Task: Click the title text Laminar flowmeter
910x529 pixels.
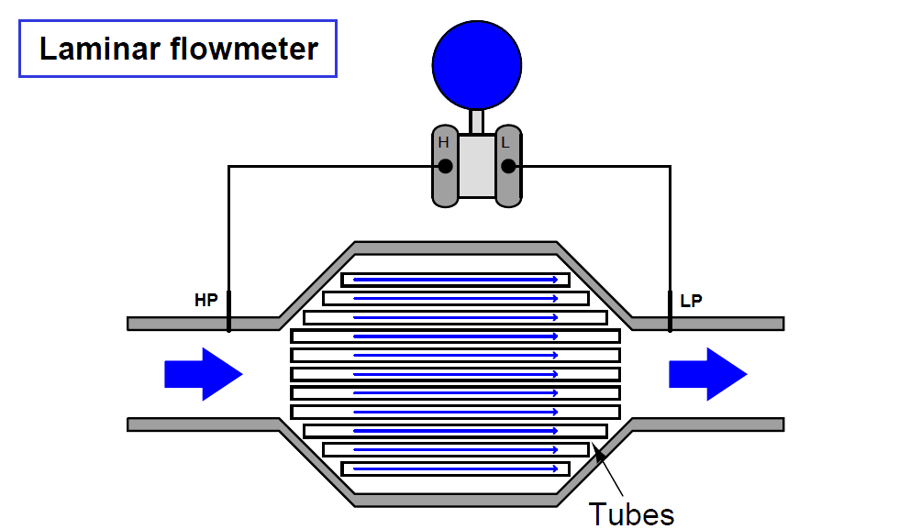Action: click(178, 49)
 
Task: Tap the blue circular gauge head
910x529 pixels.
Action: click(476, 64)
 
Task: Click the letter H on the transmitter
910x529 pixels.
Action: click(443, 143)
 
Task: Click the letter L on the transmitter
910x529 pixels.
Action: click(505, 143)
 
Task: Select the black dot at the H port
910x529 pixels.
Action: click(445, 166)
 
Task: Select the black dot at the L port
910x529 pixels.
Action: click(508, 166)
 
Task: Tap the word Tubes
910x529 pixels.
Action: click(631, 513)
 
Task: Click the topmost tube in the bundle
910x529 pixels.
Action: click(455, 280)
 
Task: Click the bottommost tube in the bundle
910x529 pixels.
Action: click(455, 468)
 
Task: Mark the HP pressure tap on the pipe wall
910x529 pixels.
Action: click(228, 312)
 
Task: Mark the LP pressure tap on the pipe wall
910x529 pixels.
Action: click(670, 312)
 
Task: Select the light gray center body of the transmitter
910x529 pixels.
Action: click(476, 167)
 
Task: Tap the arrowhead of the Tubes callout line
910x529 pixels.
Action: click(597, 448)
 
